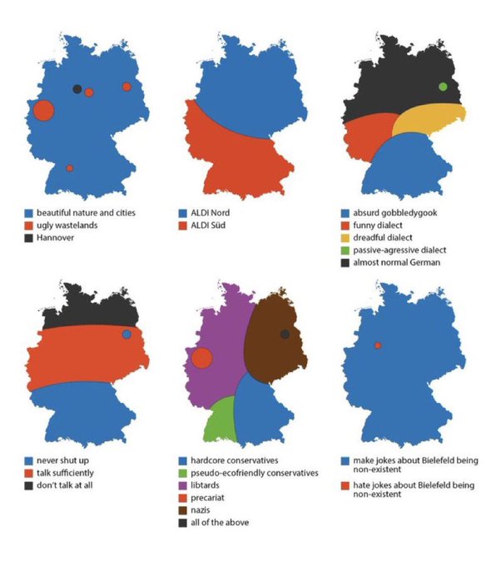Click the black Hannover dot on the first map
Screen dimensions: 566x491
pyautogui.click(x=77, y=89)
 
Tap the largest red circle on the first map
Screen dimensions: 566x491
pyautogui.click(x=43, y=110)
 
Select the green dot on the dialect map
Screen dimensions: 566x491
pyautogui.click(x=443, y=87)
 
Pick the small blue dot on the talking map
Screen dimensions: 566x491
pyautogui.click(x=126, y=334)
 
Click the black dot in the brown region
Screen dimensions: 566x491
pyautogui.click(x=285, y=334)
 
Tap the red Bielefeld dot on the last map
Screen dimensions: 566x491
pyautogui.click(x=378, y=345)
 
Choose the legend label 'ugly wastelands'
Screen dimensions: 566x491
pyautogui.click(x=67, y=225)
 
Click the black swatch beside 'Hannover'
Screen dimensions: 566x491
pyautogui.click(x=28, y=238)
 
